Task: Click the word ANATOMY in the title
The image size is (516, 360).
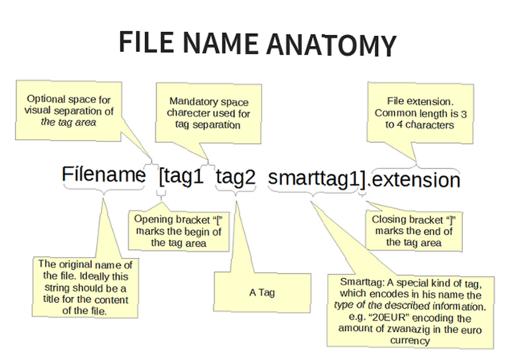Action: tap(331, 44)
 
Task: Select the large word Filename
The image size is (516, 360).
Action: tap(103, 174)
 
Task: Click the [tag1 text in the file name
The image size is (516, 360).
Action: tap(181, 177)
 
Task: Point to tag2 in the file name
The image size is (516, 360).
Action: tap(236, 177)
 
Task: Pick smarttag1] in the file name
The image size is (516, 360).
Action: tap(317, 179)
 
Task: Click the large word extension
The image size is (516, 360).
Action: tap(416, 180)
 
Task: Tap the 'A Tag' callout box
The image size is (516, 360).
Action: tap(262, 292)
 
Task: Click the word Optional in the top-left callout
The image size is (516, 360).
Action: tap(46, 99)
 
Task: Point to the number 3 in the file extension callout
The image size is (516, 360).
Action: tap(464, 114)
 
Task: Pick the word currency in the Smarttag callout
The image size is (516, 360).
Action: tap(410, 340)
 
